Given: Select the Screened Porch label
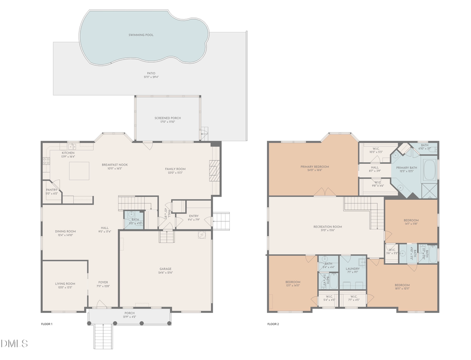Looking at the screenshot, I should [167, 118].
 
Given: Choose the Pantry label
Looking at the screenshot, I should [51, 190].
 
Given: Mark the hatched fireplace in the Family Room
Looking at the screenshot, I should [212, 170].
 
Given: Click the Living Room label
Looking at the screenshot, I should [65, 284].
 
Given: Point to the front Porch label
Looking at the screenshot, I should [129, 313].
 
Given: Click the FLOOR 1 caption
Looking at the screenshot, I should [47, 324].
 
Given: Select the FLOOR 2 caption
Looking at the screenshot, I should [273, 324].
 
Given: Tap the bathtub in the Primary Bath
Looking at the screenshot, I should [428, 171].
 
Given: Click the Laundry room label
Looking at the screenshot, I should [352, 269].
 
